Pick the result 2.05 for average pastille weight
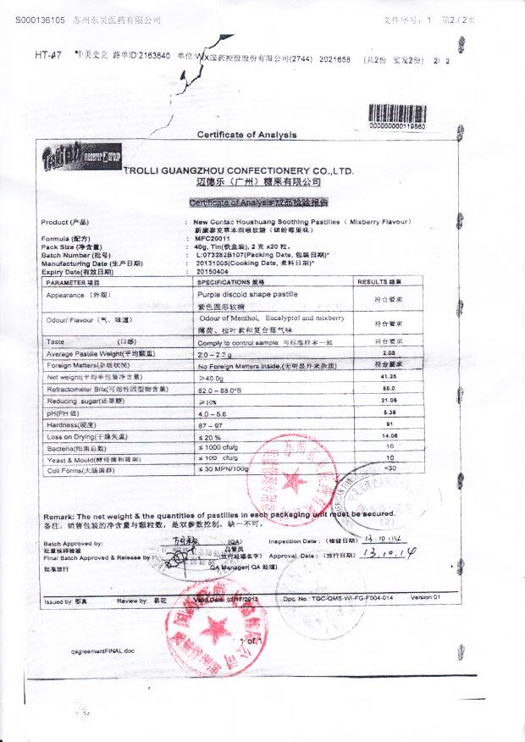click(x=390, y=352)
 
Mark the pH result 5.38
click(x=390, y=412)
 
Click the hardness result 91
click(x=390, y=423)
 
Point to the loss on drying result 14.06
click(x=390, y=435)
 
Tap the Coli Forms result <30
click(x=390, y=468)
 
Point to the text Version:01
click(x=426, y=598)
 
